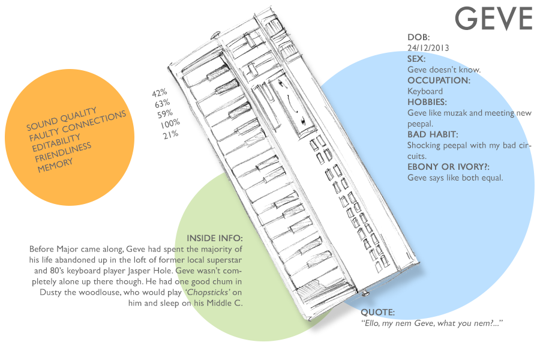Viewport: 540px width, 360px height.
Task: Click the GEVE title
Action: click(x=493, y=19)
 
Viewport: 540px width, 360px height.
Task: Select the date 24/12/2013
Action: click(x=428, y=48)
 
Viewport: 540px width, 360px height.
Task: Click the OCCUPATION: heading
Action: click(x=439, y=80)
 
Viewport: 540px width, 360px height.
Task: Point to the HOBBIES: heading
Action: click(x=427, y=102)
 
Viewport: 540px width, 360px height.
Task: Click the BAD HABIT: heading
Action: click(x=432, y=134)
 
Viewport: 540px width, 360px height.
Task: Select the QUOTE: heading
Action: click(x=377, y=313)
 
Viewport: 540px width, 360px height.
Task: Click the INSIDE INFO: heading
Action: click(x=215, y=238)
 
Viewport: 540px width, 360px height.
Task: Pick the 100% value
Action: click(x=170, y=124)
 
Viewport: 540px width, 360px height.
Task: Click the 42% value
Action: click(x=159, y=93)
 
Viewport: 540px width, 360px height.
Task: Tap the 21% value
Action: click(x=170, y=135)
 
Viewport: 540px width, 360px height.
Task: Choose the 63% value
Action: click(x=163, y=103)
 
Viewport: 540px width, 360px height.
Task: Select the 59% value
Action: click(x=165, y=113)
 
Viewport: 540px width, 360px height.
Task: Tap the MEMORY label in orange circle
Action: click(x=56, y=165)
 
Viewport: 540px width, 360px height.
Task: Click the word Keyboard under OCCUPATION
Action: click(x=425, y=91)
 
